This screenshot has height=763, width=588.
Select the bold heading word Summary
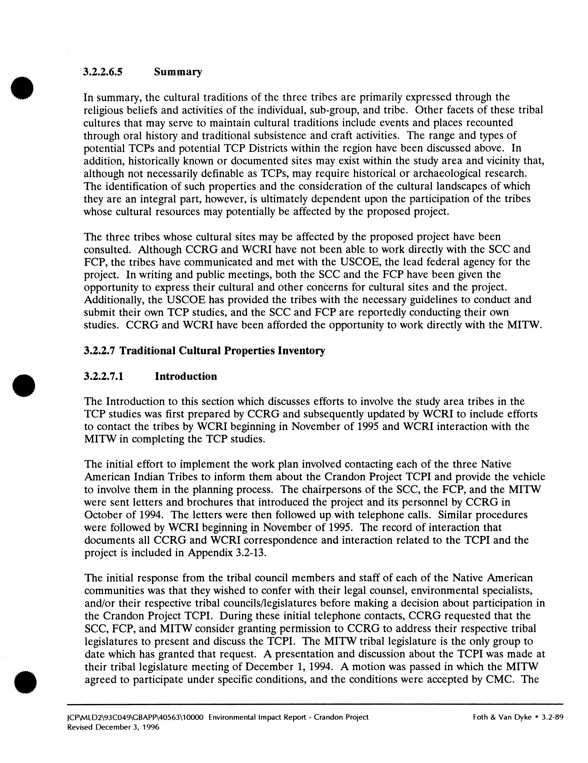178,72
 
